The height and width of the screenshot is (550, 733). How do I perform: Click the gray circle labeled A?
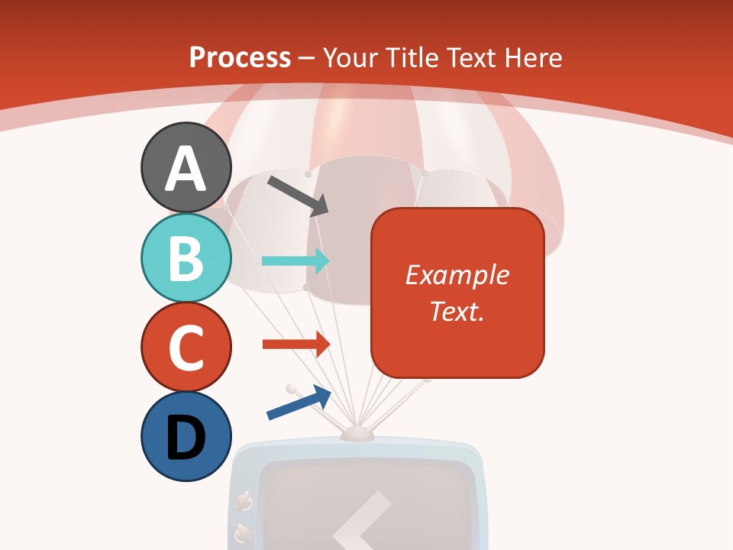pyautogui.click(x=186, y=167)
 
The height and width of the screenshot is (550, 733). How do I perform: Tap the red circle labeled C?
pyautogui.click(x=186, y=347)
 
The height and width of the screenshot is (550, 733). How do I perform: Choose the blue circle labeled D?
pyautogui.click(x=186, y=436)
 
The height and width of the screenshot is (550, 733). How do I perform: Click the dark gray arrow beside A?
pyautogui.click(x=297, y=195)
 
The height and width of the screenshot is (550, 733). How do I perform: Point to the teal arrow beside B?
pyautogui.click(x=295, y=260)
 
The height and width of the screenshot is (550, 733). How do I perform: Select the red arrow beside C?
pyautogui.click(x=295, y=344)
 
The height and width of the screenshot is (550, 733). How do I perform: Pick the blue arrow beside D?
pyautogui.click(x=299, y=403)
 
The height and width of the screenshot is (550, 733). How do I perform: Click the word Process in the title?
pyautogui.click(x=240, y=58)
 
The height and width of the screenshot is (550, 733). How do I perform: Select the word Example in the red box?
pyautogui.click(x=457, y=275)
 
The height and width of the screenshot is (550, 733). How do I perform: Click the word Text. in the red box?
pyautogui.click(x=457, y=311)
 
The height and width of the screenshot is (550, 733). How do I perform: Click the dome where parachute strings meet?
pyautogui.click(x=357, y=433)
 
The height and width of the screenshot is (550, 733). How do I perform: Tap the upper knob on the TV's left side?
pyautogui.click(x=245, y=500)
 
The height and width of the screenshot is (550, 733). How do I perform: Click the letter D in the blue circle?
pyautogui.click(x=186, y=438)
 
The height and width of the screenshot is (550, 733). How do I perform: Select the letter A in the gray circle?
pyautogui.click(x=186, y=169)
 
